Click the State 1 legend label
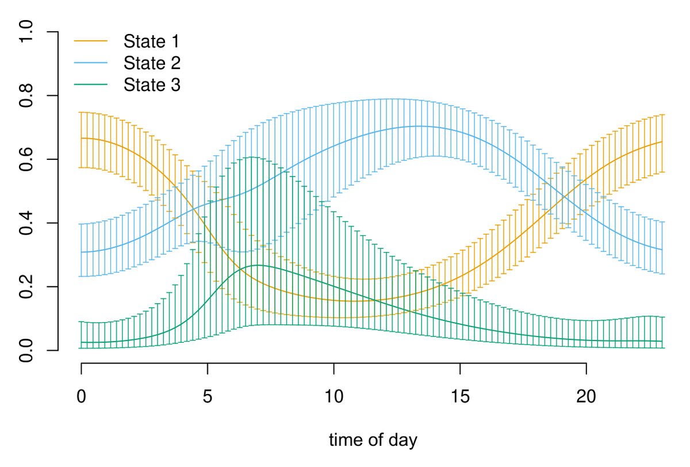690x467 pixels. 151,41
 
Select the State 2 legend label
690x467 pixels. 152,63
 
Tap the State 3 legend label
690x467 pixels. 152,85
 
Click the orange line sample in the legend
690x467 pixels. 91,41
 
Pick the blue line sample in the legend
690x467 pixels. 91,63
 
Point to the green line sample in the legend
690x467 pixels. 91,85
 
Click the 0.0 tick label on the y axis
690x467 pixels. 27,350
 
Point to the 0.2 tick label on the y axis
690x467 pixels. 27,286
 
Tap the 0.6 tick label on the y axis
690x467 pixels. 27,159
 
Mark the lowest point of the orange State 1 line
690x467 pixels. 351,301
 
